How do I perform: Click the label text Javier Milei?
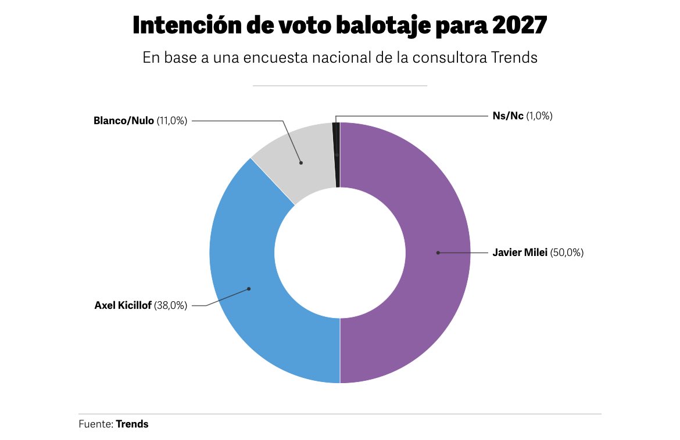pos(520,253)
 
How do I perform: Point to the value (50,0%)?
pos(567,253)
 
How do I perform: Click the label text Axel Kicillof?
pos(123,305)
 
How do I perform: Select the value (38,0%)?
pos(171,305)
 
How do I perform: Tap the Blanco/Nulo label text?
pos(124,121)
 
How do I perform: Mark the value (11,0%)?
pos(172,121)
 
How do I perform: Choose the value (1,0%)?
pos(539,116)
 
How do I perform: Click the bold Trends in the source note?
pos(132,424)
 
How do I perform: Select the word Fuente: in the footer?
pos(96,424)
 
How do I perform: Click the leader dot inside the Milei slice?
pos(438,253)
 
